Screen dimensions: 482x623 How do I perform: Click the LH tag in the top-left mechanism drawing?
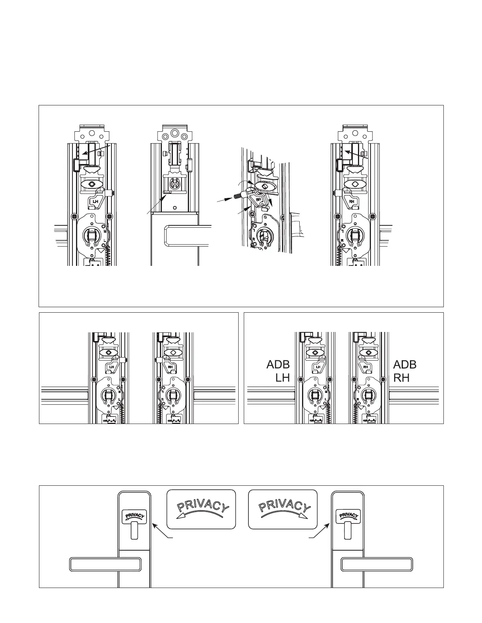point(95,202)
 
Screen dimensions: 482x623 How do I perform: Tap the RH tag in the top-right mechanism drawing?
point(352,202)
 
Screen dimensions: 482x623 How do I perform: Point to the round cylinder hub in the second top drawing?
point(174,183)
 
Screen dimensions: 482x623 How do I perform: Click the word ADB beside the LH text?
point(278,365)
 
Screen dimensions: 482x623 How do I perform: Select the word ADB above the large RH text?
point(405,365)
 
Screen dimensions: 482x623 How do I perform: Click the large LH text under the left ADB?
point(282,378)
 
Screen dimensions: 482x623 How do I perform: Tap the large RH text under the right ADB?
point(402,378)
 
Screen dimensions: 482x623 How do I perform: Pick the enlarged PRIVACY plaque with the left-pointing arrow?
point(201,509)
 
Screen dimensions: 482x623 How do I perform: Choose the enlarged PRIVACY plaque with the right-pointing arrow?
point(283,509)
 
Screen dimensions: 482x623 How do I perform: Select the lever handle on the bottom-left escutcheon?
point(105,564)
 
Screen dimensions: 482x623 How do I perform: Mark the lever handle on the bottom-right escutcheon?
point(377,564)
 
